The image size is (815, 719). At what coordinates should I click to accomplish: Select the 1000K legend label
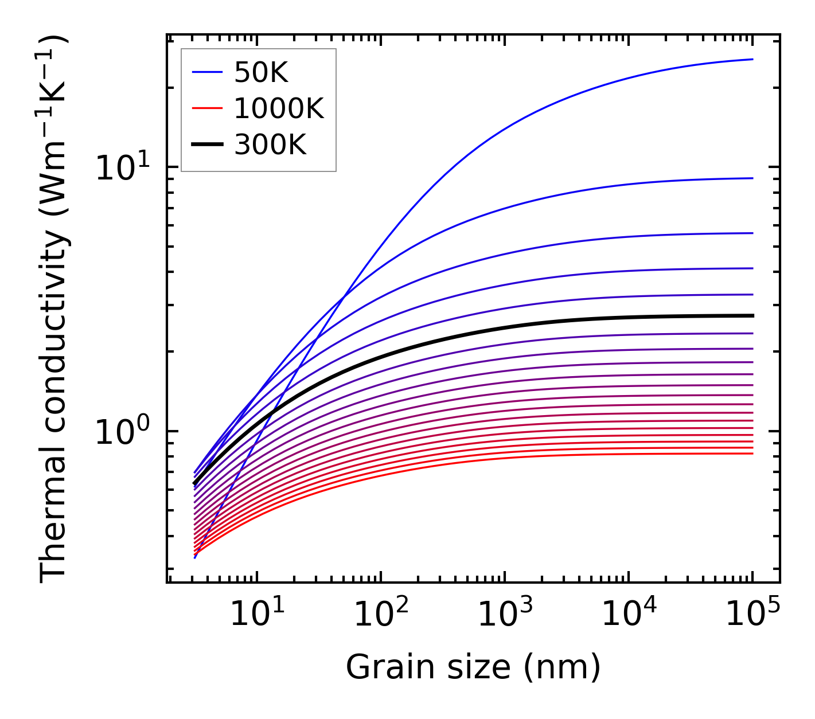click(279, 108)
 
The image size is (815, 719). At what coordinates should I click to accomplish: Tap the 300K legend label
click(270, 145)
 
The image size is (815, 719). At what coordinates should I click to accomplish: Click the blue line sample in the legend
click(206, 72)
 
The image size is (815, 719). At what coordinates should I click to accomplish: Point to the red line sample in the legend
click(206, 108)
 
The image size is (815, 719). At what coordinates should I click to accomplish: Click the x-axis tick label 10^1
click(256, 615)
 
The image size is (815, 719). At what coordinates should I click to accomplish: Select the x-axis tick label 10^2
click(381, 615)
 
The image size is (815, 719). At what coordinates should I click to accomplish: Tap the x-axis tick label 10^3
click(505, 615)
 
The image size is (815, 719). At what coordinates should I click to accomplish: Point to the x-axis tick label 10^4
click(629, 615)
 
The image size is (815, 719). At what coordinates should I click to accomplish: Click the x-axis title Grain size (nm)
click(473, 667)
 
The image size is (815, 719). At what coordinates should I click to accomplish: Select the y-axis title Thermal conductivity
click(54, 310)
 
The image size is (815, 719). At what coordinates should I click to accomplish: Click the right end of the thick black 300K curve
click(752, 315)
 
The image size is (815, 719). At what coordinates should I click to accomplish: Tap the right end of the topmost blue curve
click(752, 59)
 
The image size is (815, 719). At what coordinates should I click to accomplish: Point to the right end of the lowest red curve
click(752, 454)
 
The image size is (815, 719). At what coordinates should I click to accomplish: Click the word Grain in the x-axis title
click(379, 667)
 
